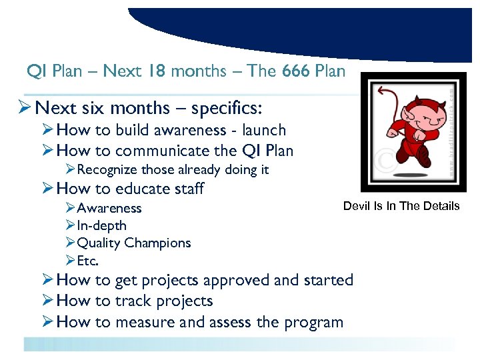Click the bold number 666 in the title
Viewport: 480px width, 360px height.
pos(296,71)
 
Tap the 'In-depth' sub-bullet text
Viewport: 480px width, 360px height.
pos(102,226)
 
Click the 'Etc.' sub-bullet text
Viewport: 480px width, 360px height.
pos(88,261)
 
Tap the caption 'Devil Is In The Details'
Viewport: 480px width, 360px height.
pos(401,206)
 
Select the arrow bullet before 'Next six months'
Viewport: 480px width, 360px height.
pos(25,108)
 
